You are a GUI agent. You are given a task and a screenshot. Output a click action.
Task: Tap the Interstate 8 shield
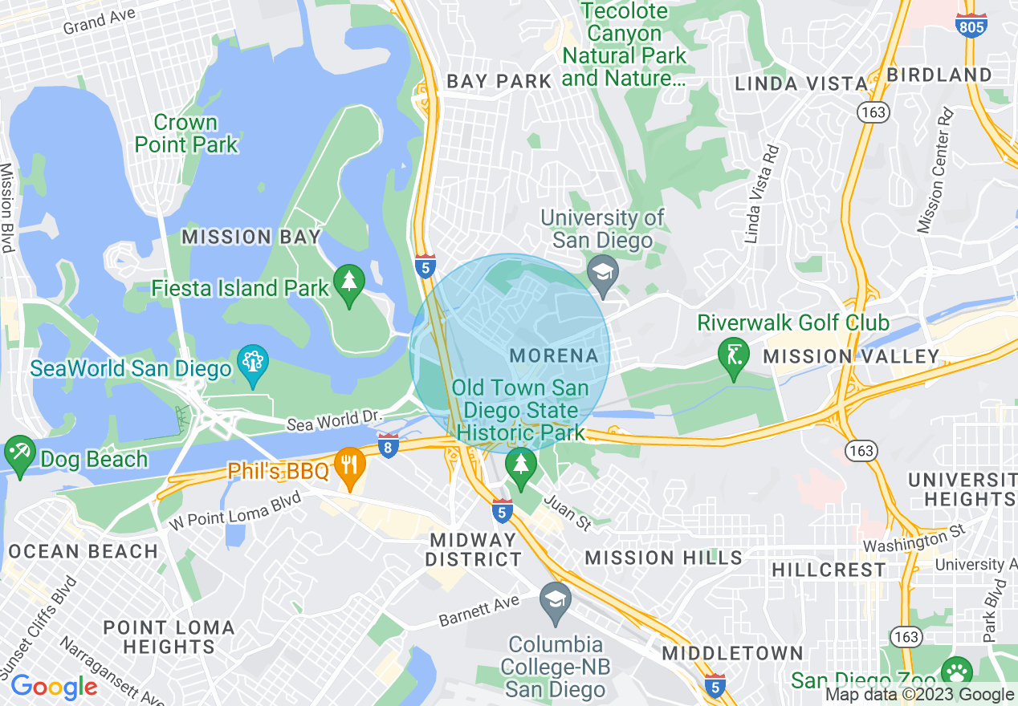click(x=388, y=446)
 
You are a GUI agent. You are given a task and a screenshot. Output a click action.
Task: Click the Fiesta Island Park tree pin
click(x=349, y=285)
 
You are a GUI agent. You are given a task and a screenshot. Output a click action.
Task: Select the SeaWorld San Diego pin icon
click(x=253, y=365)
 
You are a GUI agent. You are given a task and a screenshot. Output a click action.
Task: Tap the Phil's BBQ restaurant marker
click(x=349, y=468)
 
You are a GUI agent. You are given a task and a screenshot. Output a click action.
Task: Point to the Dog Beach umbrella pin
click(x=19, y=454)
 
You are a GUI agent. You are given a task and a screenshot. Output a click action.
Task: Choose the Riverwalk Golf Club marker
click(x=734, y=357)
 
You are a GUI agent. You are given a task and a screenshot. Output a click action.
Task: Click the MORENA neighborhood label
click(x=554, y=355)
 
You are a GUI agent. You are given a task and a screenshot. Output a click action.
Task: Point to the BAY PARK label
click(x=499, y=81)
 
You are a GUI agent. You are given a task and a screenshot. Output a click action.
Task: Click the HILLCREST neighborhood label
click(x=829, y=570)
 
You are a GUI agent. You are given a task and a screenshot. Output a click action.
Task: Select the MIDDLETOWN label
click(x=732, y=653)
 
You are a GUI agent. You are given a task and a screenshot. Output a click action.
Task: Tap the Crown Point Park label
click(x=186, y=133)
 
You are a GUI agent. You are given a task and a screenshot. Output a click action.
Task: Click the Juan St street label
click(x=568, y=512)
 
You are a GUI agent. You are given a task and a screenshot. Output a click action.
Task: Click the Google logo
click(x=54, y=687)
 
